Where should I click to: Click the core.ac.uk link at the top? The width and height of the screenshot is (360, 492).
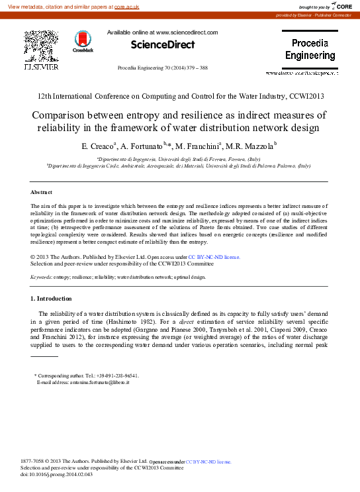(126, 6)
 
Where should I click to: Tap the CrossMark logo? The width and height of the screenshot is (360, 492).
(83, 42)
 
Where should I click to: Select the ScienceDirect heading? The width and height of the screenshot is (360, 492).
(162, 45)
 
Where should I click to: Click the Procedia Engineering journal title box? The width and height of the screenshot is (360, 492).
(310, 49)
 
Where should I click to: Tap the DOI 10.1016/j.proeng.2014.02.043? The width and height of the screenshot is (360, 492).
(65, 475)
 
